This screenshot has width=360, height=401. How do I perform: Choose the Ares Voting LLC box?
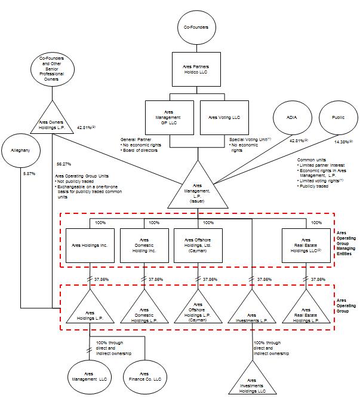[220, 114]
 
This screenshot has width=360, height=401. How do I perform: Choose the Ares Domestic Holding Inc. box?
[143, 245]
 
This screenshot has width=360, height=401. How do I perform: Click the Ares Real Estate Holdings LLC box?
[305, 245]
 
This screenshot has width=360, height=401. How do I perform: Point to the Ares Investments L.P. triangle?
[252, 313]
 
